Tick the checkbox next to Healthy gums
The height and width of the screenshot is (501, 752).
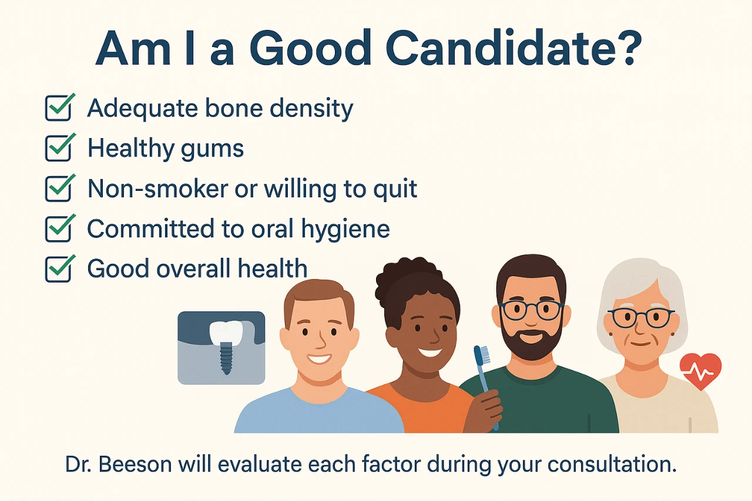(x=59, y=148)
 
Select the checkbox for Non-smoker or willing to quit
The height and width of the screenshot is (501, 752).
(x=59, y=188)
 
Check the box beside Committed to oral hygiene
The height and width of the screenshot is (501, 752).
(x=59, y=228)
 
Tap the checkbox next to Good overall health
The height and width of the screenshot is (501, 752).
(x=59, y=268)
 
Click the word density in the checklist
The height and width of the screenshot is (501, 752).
(x=311, y=109)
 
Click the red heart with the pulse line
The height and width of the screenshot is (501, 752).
(x=700, y=371)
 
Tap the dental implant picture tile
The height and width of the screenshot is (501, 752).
(x=221, y=348)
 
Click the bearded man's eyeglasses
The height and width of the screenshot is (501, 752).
(x=531, y=310)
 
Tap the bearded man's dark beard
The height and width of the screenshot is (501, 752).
(x=531, y=344)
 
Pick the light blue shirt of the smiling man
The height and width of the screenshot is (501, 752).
(x=317, y=411)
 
